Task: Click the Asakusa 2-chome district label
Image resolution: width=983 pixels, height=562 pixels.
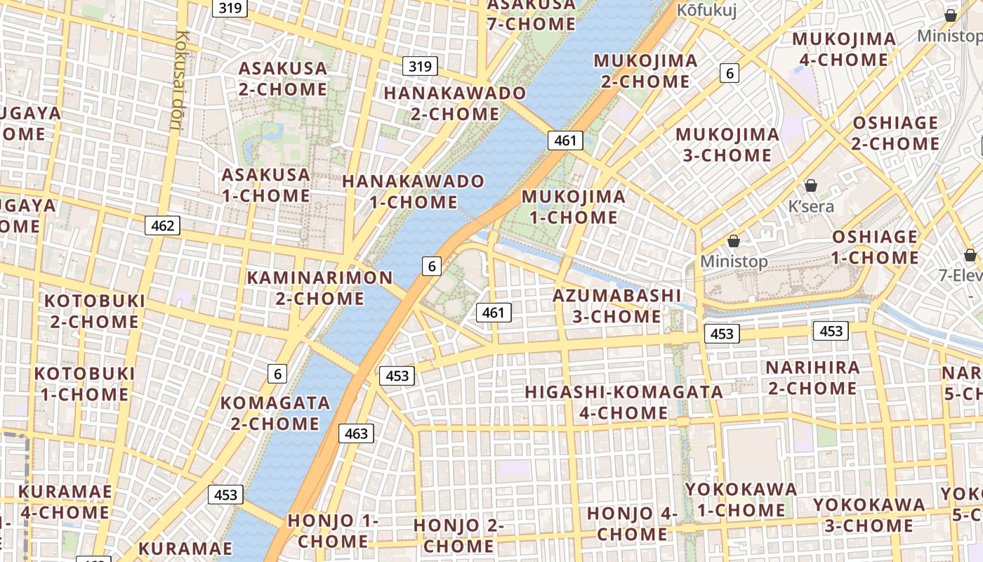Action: pyautogui.click(x=283, y=79)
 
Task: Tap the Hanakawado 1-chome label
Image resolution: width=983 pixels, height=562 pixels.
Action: pyautogui.click(x=414, y=192)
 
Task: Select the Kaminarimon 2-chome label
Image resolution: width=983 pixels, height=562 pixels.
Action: pyautogui.click(x=319, y=287)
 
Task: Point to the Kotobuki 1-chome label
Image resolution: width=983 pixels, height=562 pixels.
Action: pyautogui.click(x=84, y=384)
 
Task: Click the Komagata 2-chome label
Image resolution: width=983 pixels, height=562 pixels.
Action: pyautogui.click(x=275, y=413)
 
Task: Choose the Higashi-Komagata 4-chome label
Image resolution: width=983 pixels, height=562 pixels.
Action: pyautogui.click(x=624, y=402)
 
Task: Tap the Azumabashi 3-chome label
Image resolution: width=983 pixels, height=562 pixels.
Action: pyautogui.click(x=617, y=306)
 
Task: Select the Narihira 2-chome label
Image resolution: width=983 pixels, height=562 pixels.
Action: pyautogui.click(x=812, y=377)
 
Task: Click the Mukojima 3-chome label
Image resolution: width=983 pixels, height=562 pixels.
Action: pyautogui.click(x=727, y=144)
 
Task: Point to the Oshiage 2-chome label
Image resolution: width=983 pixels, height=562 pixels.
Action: pyautogui.click(x=895, y=133)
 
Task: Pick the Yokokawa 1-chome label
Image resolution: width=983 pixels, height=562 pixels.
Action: pyautogui.click(x=741, y=499)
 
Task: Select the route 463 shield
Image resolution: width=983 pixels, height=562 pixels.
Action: pyautogui.click(x=357, y=434)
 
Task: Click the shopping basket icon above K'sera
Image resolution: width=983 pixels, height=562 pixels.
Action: pyautogui.click(x=811, y=185)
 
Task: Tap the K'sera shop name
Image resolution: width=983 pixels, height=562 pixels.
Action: pyautogui.click(x=811, y=206)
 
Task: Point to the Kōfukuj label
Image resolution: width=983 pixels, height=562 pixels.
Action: pyautogui.click(x=706, y=11)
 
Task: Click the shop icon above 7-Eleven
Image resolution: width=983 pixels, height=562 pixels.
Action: pyautogui.click(x=970, y=254)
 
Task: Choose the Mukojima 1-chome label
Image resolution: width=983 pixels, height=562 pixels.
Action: pyautogui.click(x=574, y=207)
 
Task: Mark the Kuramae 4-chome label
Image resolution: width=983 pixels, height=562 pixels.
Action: pyautogui.click(x=65, y=502)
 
